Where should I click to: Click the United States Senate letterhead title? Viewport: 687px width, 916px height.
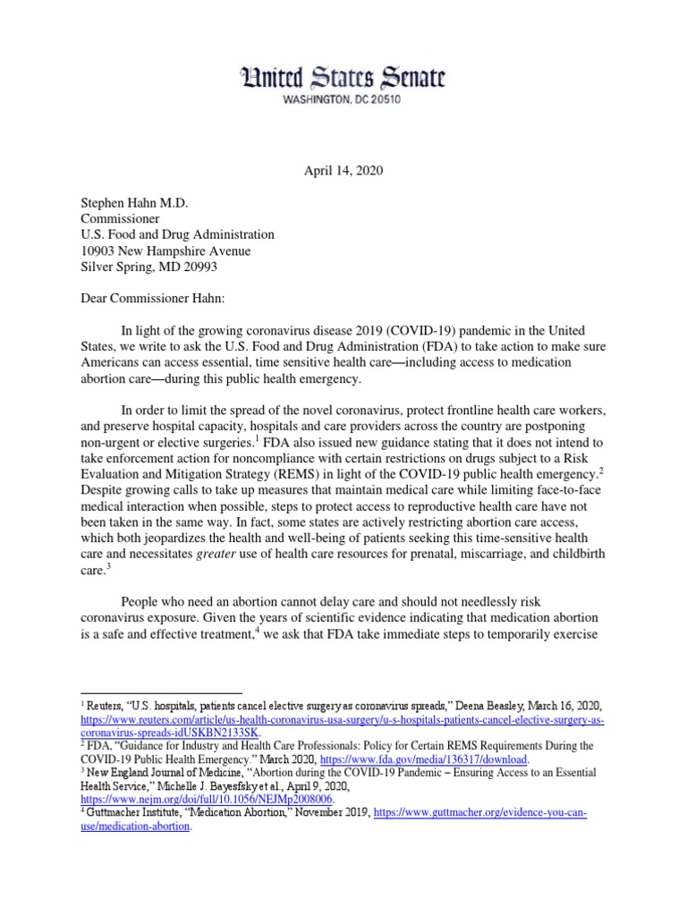343,79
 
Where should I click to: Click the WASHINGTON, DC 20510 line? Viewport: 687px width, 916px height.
343,99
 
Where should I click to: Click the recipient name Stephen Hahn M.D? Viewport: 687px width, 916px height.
132,201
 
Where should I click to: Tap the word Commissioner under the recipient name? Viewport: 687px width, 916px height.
121,218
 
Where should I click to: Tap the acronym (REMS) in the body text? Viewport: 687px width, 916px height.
267,473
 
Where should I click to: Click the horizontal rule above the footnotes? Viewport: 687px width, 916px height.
161,692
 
